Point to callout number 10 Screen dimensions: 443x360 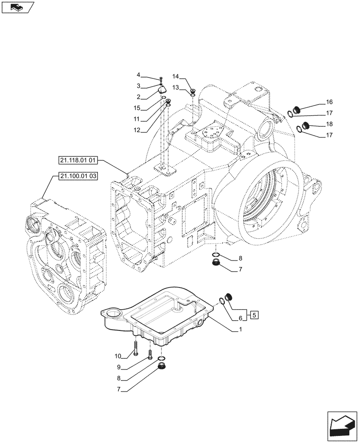tap(117, 357)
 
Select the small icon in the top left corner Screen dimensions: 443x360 tap(18, 7)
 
